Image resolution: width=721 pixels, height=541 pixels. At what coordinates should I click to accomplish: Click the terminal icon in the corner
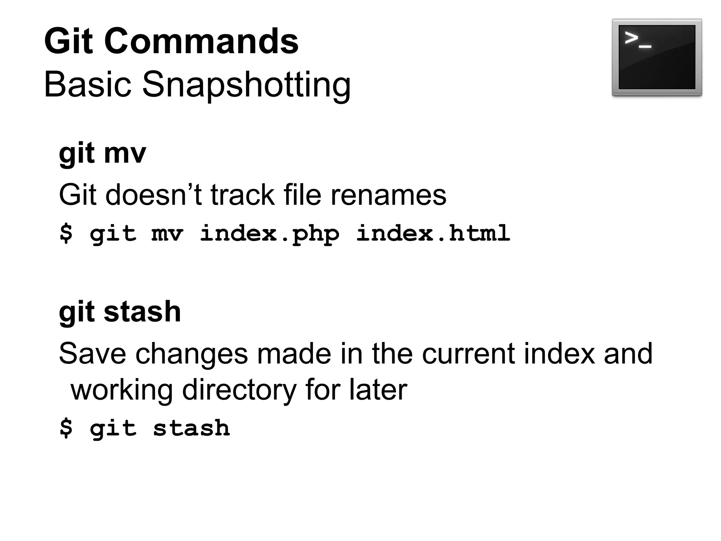[657, 57]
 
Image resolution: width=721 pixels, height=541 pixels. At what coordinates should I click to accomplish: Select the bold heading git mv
[102, 154]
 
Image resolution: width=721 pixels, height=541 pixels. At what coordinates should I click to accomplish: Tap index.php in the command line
[270, 234]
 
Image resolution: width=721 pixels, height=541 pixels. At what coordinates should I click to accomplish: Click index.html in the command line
[433, 234]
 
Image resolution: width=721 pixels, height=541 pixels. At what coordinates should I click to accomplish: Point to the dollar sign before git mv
[66, 234]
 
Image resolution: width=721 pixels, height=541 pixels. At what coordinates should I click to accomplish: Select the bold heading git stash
[120, 312]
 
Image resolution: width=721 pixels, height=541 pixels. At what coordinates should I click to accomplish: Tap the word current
[469, 354]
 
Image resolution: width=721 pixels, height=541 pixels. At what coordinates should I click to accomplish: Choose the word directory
[239, 390]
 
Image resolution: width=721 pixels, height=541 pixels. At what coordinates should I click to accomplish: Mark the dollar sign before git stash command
[66, 428]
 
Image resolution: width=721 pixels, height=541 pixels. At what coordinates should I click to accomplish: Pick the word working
[122, 390]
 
